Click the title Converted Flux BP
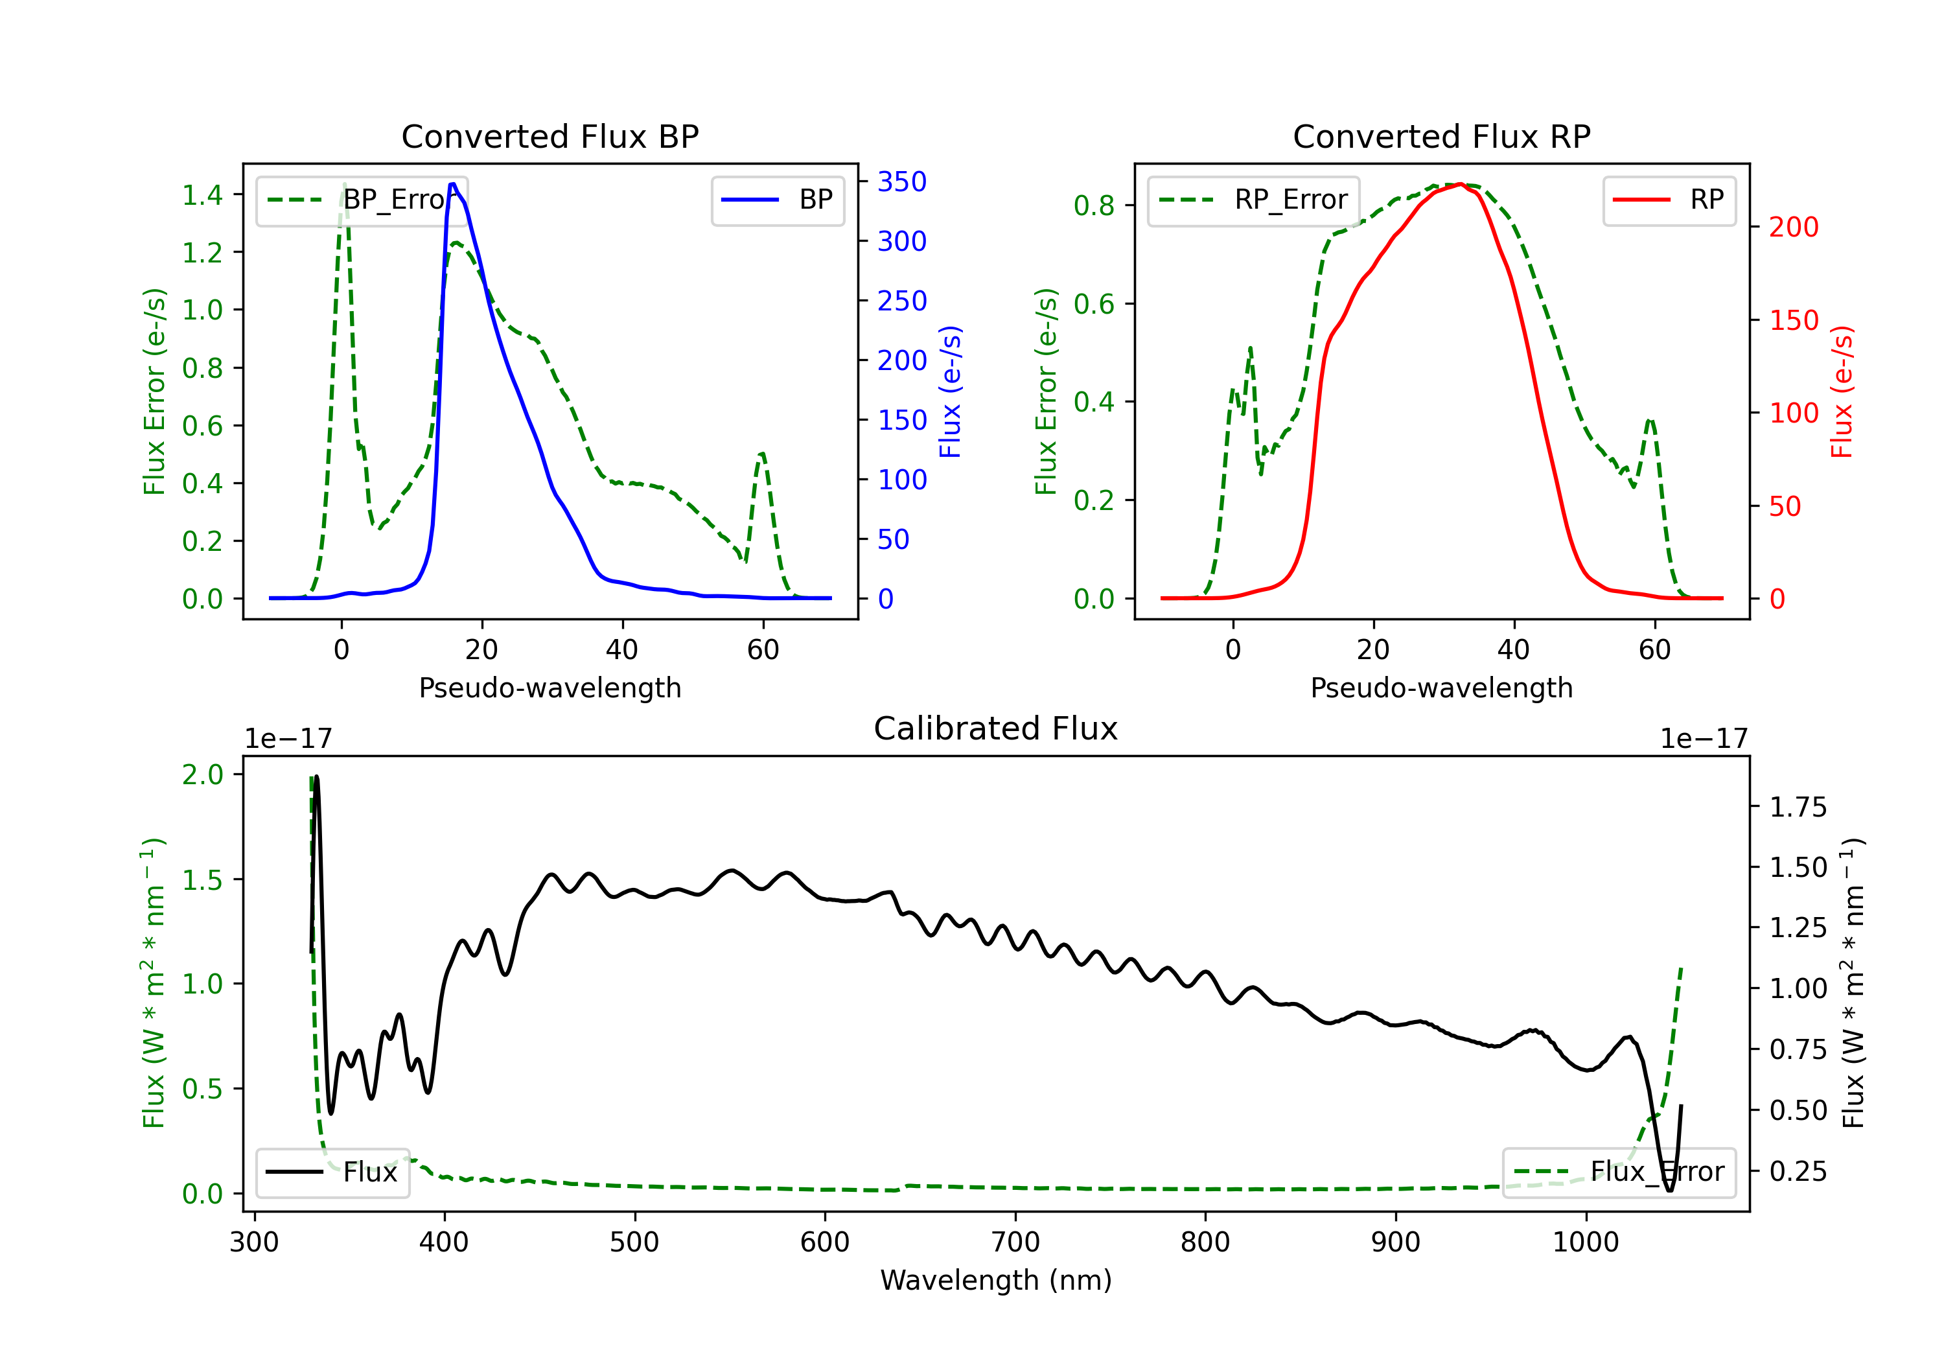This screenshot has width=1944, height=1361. click(x=550, y=136)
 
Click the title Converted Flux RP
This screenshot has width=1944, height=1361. click(x=1441, y=136)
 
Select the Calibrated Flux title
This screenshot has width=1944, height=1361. click(x=996, y=728)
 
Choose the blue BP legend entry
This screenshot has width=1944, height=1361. click(x=777, y=200)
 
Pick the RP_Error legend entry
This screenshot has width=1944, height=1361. click(x=1253, y=200)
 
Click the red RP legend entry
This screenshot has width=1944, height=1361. click(x=1669, y=200)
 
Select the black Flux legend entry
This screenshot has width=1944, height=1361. click(x=332, y=1172)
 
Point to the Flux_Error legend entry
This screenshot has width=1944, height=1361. click(x=1619, y=1172)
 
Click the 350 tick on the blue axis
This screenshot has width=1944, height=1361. click(x=902, y=181)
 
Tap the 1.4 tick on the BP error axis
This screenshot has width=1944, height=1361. click(x=202, y=195)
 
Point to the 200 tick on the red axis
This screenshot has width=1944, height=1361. click(x=1793, y=227)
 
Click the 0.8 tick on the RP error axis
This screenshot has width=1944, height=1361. click(x=1094, y=205)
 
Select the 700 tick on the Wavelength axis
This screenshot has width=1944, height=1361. click(x=1014, y=1242)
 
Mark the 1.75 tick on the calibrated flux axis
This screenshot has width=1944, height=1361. click(x=1798, y=807)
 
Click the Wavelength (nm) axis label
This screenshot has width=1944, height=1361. click(x=996, y=1281)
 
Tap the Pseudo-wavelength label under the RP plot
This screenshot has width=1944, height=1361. click(x=1441, y=688)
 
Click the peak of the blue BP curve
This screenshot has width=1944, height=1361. click(x=453, y=184)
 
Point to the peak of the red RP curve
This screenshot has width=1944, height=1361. click(x=1461, y=184)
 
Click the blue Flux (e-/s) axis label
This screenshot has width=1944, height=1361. click(x=950, y=391)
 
